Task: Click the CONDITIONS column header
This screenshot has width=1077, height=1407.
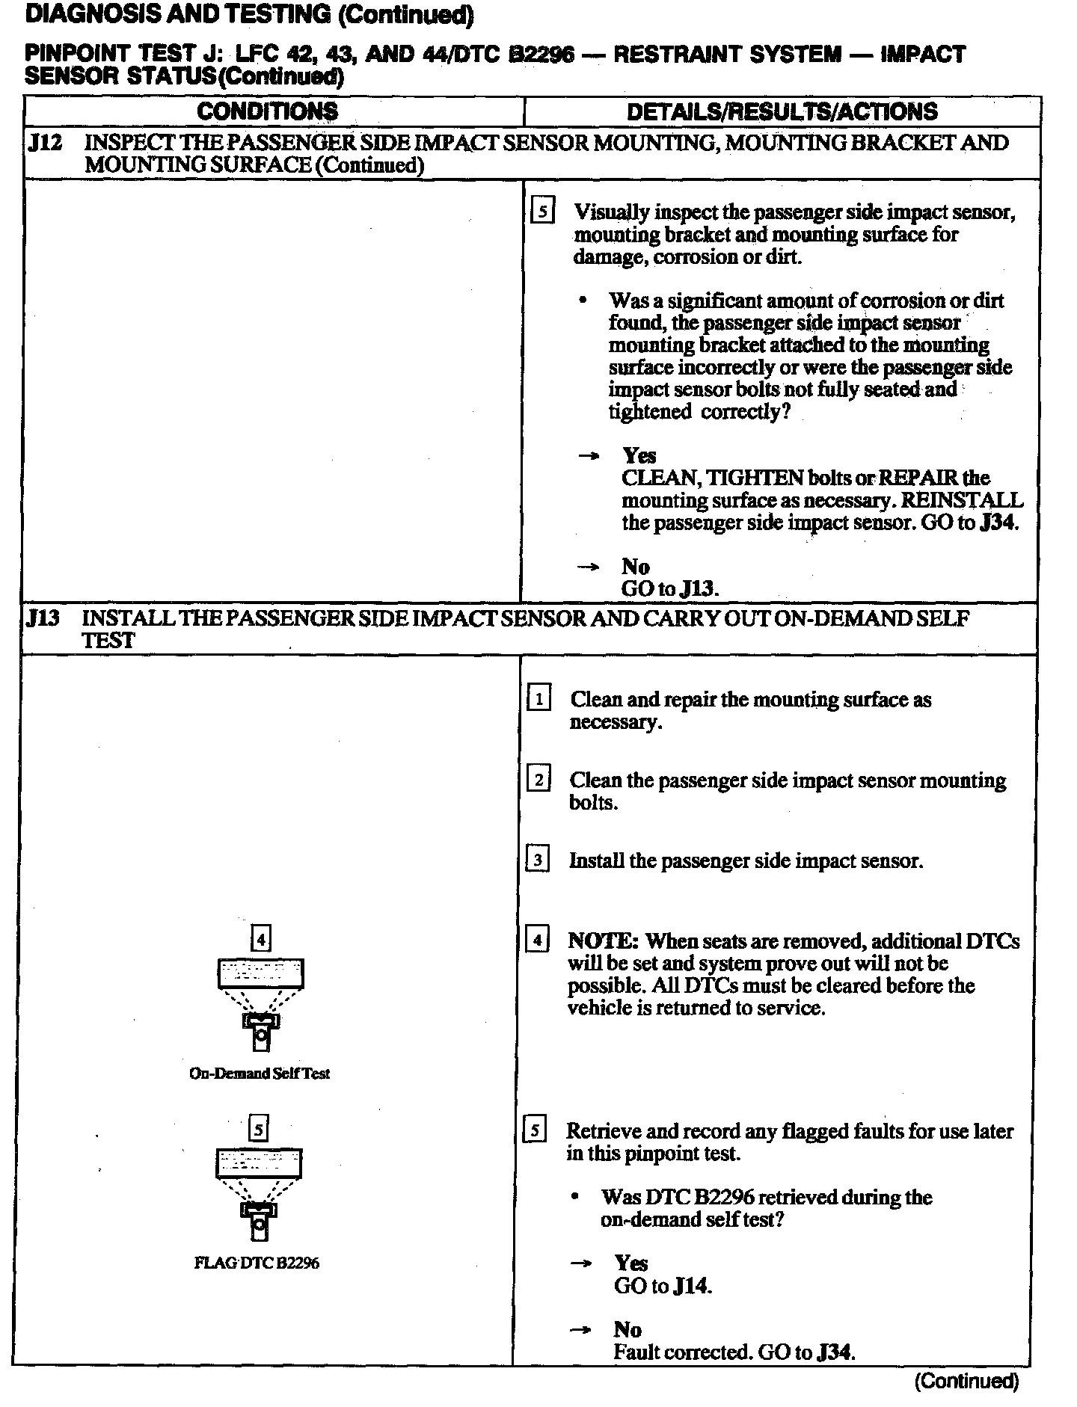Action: tap(267, 111)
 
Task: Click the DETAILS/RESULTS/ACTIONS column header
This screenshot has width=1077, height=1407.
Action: tap(782, 111)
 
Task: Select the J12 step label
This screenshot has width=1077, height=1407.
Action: tap(44, 143)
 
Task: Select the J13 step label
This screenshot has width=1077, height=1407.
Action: tap(43, 619)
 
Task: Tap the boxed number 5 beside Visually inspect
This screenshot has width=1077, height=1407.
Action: tap(541, 212)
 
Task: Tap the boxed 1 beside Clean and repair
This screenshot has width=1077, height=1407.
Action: tap(538, 700)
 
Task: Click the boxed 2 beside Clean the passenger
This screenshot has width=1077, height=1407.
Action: tap(538, 781)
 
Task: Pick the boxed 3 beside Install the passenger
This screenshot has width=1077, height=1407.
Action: tap(538, 860)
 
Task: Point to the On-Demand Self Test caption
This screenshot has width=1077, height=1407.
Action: tap(260, 1074)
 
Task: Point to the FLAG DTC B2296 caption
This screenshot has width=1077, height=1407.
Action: tap(257, 1263)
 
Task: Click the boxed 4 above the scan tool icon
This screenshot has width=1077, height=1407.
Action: tap(260, 938)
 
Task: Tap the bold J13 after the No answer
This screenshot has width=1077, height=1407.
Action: tap(700, 588)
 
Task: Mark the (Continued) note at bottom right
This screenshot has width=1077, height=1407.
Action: tap(966, 1381)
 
